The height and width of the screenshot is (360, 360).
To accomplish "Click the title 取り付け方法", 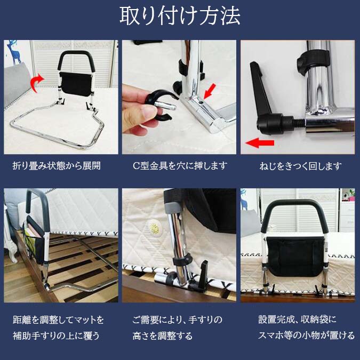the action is click(180, 16).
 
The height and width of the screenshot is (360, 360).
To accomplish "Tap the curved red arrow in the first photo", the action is click(37, 83).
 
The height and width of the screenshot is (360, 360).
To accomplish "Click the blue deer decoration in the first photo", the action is click(14, 52).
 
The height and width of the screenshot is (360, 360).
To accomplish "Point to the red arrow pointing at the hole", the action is click(210, 91).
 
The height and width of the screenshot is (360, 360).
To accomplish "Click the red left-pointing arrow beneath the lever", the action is click(260, 143).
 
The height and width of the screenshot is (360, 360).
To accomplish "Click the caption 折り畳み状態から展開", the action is click(57, 165).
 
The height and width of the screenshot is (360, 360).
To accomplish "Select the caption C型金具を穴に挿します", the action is click(180, 165).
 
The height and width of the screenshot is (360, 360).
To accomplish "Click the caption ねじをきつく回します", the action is click(301, 166).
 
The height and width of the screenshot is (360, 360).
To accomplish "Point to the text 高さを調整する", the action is click(162, 336).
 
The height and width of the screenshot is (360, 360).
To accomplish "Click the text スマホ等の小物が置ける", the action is click(307, 335).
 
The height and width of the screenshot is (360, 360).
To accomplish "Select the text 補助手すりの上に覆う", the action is click(56, 336).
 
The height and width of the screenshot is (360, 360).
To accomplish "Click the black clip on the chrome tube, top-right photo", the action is click(314, 62).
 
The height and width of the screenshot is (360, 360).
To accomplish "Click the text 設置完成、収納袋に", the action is click(297, 319).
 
